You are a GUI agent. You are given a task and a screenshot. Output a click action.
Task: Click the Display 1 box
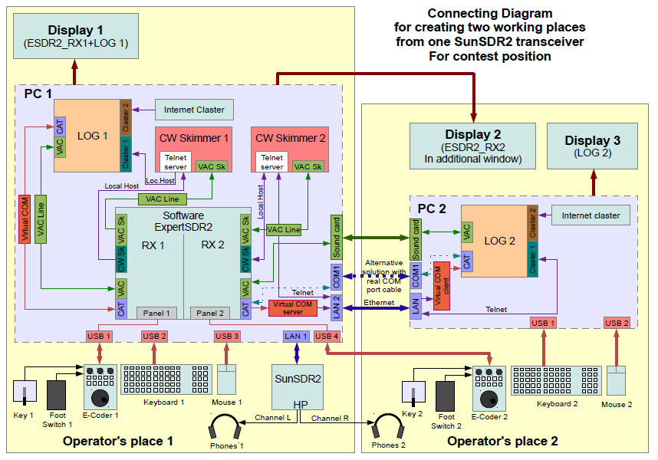76,36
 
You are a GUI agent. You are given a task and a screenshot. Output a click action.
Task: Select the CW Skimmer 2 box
290,149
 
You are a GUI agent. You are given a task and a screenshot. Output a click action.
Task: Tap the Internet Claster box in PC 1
194,110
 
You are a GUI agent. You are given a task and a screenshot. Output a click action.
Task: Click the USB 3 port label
226,337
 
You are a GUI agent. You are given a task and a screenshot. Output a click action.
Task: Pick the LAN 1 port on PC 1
296,337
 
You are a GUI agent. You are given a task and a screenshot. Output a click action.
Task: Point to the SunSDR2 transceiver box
298,387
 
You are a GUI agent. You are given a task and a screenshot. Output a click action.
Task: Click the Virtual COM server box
292,308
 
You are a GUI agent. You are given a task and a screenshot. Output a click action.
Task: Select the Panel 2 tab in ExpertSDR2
210,314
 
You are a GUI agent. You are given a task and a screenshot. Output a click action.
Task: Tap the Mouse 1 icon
226,379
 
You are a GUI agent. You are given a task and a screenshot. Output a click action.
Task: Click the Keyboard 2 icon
556,381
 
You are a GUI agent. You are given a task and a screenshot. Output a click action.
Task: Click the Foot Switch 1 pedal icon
56,395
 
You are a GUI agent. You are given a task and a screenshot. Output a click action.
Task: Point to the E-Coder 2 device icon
489,389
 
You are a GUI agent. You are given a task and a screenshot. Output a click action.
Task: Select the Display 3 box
593,146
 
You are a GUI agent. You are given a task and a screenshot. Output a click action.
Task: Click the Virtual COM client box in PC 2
442,286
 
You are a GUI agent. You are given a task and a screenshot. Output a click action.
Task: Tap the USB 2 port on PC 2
617,323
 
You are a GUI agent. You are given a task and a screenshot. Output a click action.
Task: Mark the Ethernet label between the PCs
379,303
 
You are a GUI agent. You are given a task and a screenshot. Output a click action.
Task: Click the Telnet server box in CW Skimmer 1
176,162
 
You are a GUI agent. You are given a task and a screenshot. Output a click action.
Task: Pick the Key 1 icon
25,393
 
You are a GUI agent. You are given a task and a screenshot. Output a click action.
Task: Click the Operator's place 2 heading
502,441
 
